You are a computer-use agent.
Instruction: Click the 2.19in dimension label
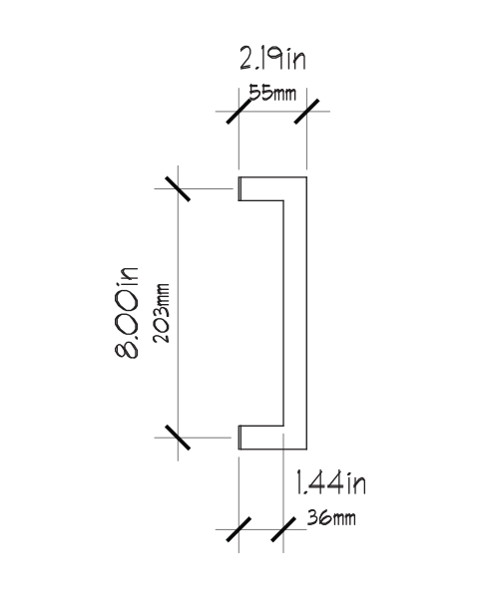pos(272,59)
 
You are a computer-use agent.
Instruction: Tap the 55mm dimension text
pos(272,93)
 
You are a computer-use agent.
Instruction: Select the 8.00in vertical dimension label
pos(127,312)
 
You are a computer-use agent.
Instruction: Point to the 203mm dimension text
pos(162,314)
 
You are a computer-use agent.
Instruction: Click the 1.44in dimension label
pos(331,483)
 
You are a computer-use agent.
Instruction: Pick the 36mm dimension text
pos(331,518)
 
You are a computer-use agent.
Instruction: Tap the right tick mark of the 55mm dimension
pos(306,112)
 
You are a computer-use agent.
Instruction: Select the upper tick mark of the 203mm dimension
pos(178,188)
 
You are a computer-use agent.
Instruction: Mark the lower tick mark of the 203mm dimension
pos(178,438)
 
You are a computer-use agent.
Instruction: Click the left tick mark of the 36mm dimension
pos(239,529)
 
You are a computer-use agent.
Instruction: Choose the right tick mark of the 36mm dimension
pos(283,529)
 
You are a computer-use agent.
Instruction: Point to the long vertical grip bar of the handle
pos(295,313)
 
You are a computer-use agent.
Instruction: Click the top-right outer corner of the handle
pos(306,177)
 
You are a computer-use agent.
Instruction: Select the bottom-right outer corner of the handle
pos(306,449)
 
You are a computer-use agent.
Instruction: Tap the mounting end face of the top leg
pos(239,188)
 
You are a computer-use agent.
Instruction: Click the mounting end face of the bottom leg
pos(239,438)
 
